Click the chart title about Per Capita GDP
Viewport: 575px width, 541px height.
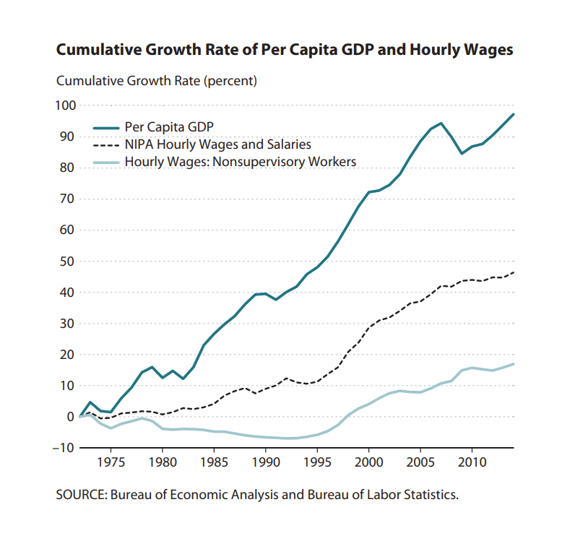(x=285, y=51)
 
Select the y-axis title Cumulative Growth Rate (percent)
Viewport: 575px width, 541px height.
(x=157, y=81)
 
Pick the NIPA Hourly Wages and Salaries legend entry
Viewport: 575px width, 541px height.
(x=217, y=144)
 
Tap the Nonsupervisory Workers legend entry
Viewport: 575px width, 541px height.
(x=241, y=162)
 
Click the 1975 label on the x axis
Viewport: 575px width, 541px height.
(x=111, y=461)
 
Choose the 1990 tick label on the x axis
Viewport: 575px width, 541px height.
(x=265, y=461)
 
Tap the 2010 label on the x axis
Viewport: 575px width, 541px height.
(x=472, y=461)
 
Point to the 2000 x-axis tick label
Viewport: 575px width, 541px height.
(x=368, y=461)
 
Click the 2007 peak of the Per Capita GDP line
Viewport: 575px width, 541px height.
(x=441, y=124)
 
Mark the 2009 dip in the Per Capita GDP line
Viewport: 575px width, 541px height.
(x=462, y=153)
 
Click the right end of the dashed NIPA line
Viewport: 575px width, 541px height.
(x=513, y=272)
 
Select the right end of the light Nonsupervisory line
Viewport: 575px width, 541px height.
(x=513, y=364)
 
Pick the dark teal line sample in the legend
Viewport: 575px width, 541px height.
(x=105, y=128)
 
